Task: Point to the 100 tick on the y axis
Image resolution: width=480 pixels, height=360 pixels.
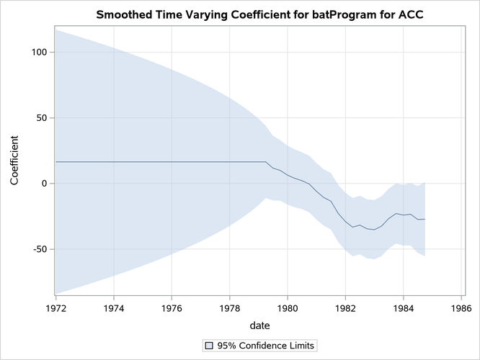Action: (39, 52)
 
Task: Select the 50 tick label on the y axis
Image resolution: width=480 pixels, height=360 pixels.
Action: (42, 117)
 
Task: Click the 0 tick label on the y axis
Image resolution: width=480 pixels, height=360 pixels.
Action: (45, 184)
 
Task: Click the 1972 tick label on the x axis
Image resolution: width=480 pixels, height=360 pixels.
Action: (55, 307)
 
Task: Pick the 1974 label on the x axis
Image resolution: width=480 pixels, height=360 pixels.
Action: (114, 307)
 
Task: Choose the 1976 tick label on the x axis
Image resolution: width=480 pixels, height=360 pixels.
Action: (172, 307)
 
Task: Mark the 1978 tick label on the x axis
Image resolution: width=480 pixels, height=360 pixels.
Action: (229, 307)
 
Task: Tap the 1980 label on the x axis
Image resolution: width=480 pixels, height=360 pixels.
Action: (288, 307)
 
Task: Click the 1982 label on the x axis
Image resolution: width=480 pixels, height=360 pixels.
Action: (345, 307)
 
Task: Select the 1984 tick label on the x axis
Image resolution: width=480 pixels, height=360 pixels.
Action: (403, 307)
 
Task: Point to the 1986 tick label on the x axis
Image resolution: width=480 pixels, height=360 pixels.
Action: (461, 307)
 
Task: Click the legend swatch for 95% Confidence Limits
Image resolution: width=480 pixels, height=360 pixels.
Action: (209, 346)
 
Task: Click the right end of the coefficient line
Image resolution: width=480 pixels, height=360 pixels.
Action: (425, 219)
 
